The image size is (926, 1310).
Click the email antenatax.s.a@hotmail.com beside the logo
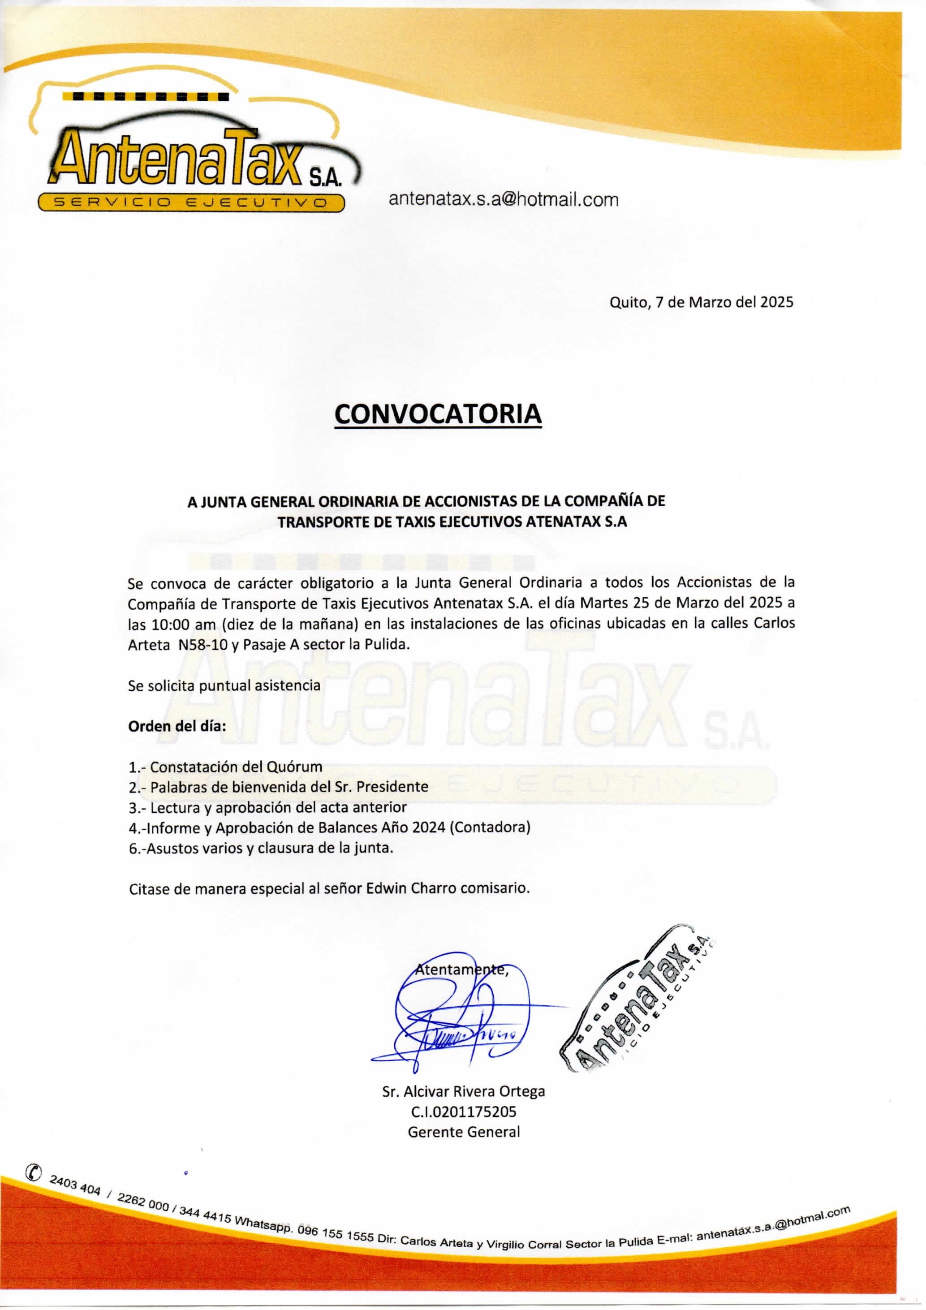coord(503,200)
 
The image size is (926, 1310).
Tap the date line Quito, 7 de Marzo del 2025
coord(701,302)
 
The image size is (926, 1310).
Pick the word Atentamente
coord(461,970)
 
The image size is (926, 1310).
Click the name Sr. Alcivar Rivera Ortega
coord(463,1091)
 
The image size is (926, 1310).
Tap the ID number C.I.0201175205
coord(463,1112)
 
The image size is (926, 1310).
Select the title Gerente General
coord(463,1132)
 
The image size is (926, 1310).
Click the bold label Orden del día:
coord(177,726)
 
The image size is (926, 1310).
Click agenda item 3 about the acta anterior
coord(267,807)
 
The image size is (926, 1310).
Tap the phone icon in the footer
coord(34,1172)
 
